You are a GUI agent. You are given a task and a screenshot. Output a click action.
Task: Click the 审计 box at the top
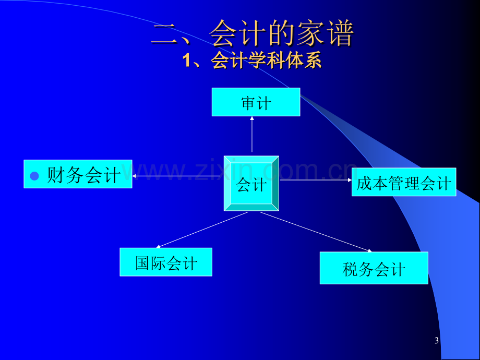coord(256,102)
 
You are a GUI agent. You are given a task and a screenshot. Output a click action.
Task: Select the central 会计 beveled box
coord(251,183)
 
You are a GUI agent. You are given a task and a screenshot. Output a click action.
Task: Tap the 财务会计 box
coord(78,174)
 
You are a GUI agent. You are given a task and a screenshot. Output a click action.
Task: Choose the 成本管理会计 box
coord(404,182)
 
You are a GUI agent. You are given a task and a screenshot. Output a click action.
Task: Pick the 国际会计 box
coord(166,262)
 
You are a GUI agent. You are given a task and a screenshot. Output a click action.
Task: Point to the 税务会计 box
coord(374,268)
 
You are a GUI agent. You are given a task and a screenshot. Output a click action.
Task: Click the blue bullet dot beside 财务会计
coord(34,176)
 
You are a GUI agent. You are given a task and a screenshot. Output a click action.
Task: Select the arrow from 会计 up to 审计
coord(252,134)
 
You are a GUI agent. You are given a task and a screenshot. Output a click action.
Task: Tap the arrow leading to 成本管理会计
coord(316,180)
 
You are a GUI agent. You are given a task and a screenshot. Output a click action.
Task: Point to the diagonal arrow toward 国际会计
coord(202,230)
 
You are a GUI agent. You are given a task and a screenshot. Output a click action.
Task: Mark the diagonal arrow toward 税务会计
coord(316,232)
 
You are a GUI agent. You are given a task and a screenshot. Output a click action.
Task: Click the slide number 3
coord(436,340)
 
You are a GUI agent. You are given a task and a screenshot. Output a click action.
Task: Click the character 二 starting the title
coord(165,34)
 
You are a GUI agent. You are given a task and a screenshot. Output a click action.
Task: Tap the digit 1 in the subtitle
coord(187,61)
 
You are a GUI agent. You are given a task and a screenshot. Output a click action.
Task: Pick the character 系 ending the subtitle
coord(312,60)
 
